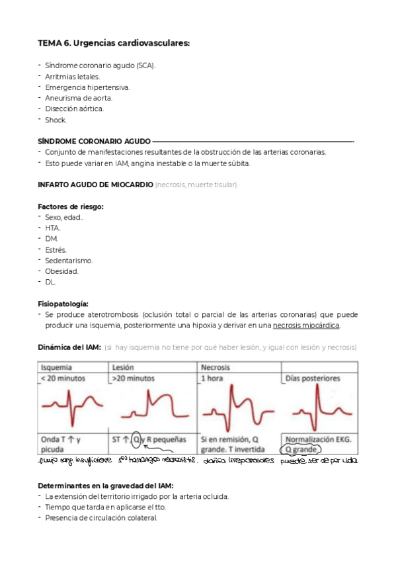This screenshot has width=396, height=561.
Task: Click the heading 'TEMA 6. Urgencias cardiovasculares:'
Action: [114, 43]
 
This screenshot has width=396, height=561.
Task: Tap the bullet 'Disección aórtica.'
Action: [74, 108]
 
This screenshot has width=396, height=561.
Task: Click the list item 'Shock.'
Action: [56, 119]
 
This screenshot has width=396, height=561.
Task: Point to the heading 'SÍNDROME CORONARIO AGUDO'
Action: [94, 141]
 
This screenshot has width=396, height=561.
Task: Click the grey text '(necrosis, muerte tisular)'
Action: [196, 184]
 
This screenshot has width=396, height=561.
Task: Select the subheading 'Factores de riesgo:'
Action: [71, 206]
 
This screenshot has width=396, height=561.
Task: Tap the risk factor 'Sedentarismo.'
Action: [69, 260]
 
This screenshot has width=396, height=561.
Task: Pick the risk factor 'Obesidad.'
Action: [61, 271]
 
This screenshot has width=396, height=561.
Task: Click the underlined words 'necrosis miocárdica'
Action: [306, 325]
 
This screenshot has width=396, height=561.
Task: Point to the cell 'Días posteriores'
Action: [311, 378]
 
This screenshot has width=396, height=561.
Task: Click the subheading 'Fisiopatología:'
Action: [63, 303]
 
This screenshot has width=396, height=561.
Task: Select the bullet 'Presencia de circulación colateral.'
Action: [100, 518]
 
